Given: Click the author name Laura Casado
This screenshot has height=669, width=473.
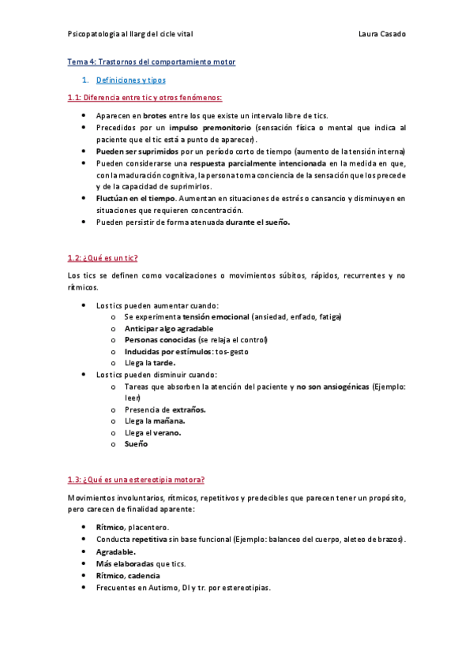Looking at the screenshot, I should (381, 34).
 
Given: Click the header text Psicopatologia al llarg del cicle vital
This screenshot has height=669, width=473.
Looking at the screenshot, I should (130, 34).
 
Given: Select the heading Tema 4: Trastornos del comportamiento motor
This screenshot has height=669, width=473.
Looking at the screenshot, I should (151, 62).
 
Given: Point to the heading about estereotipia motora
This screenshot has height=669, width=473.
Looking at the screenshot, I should (137, 480).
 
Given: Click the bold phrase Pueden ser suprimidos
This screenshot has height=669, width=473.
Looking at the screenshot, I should (130, 151).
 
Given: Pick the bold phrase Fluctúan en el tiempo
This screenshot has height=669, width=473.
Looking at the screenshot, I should (130, 198).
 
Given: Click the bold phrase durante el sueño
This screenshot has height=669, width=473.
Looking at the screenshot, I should (257, 222).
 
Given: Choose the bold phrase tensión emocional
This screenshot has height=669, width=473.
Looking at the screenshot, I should (215, 316).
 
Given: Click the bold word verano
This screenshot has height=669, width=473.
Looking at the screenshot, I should (167, 433).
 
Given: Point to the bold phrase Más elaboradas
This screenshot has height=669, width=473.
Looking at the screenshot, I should (125, 564).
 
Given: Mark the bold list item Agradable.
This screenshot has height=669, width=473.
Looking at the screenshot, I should (115, 552).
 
